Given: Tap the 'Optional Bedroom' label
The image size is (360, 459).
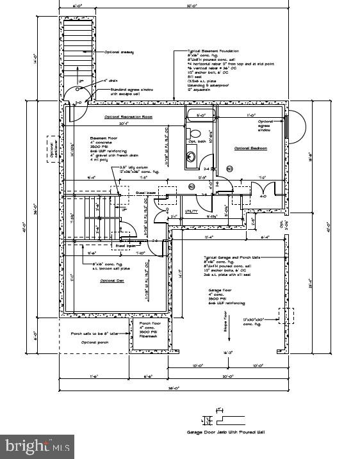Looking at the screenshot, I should pos(250,149).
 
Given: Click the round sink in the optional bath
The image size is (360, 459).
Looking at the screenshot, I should pos(191,156).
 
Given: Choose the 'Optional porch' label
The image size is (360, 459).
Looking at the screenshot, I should pos(94,342).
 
